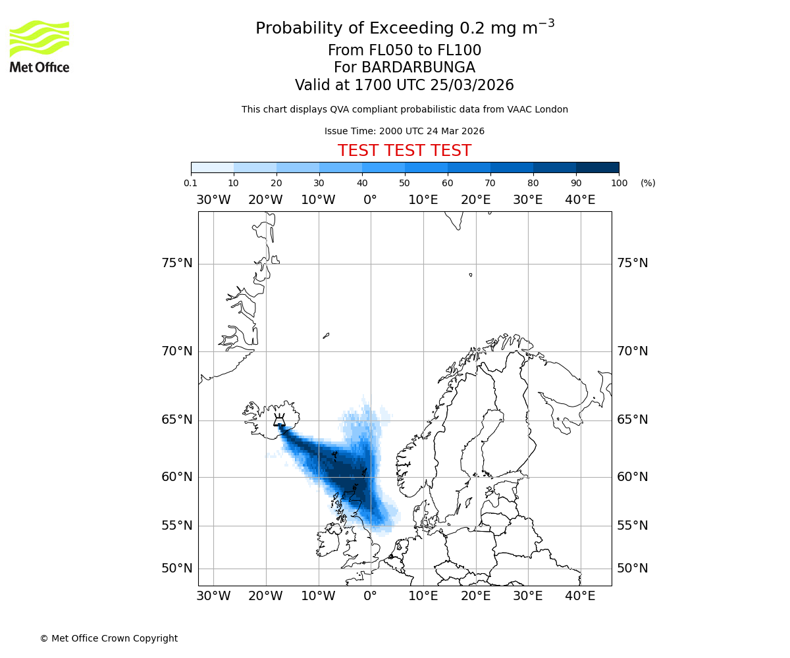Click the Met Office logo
[x=39, y=46]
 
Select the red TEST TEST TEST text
[x=404, y=151]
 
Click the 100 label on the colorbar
[x=619, y=183]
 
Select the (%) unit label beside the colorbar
[x=648, y=183]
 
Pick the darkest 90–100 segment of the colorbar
[x=597, y=167]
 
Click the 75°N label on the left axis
[x=177, y=263]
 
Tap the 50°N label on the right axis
[x=632, y=569]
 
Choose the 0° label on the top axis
[x=371, y=200]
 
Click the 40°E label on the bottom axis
[x=580, y=596]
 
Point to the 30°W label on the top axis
[x=213, y=200]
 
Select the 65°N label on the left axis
[x=177, y=420]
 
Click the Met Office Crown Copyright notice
[x=109, y=638]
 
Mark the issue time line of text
[x=404, y=131]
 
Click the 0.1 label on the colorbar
[x=191, y=183]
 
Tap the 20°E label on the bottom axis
[x=475, y=596]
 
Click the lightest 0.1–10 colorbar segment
[x=212, y=167]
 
